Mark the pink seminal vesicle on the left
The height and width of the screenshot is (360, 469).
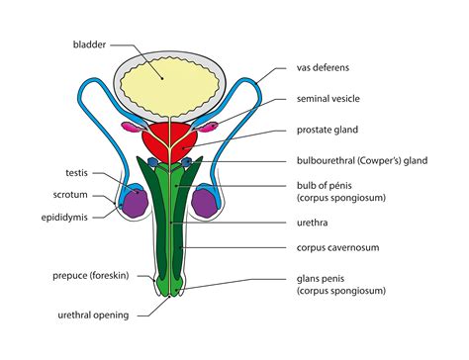click(x=130, y=128)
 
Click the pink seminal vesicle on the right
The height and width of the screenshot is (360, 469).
click(x=212, y=127)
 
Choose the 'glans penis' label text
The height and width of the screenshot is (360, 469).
click(x=327, y=280)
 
